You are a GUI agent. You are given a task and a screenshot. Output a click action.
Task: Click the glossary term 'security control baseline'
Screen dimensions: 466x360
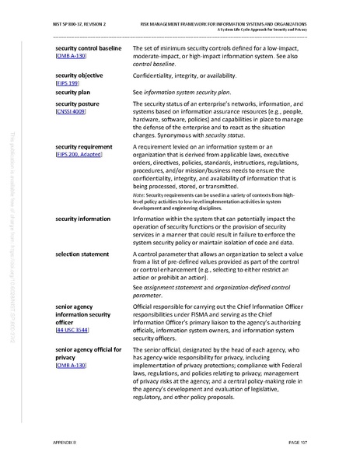[88, 48]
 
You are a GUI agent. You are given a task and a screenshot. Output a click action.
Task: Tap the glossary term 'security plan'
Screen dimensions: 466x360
[76, 91]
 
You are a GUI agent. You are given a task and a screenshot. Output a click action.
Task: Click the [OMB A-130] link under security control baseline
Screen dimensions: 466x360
[71, 57]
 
